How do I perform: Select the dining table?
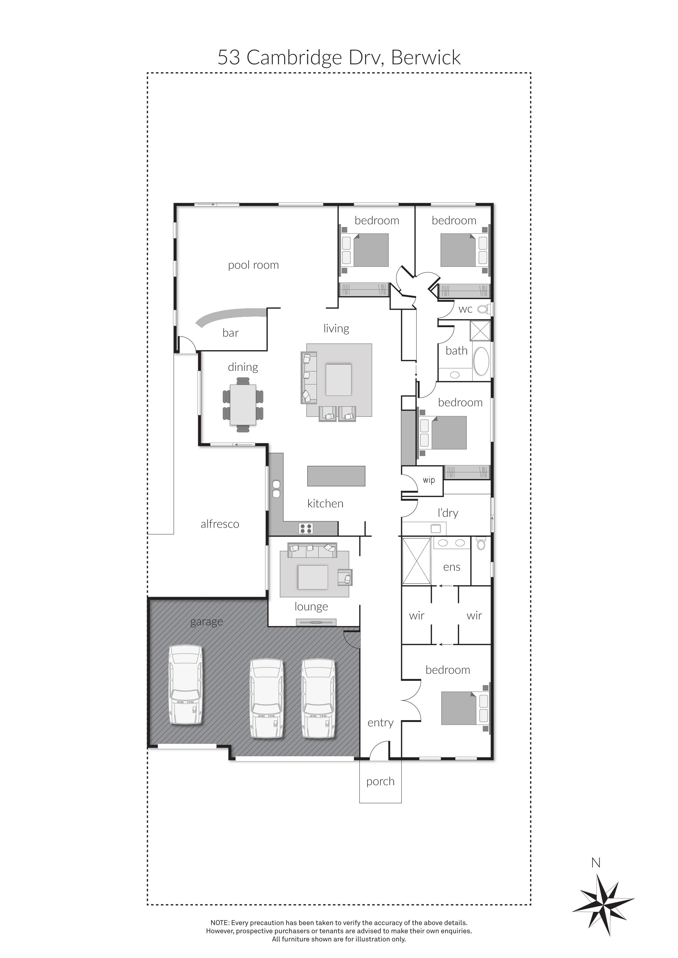pos(243,404)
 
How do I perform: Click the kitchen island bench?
pos(336,476)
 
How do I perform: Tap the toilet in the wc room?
pos(483,309)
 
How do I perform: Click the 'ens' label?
pos(452,567)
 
